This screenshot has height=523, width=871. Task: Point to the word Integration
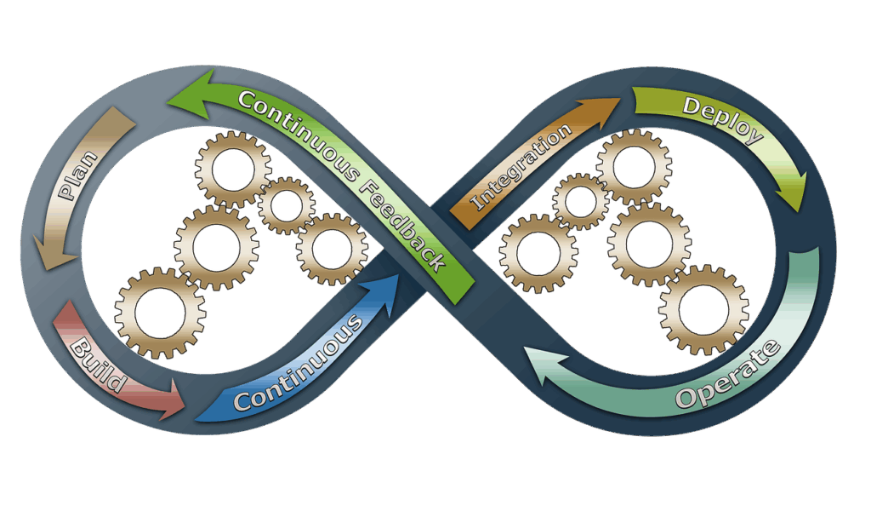point(521,168)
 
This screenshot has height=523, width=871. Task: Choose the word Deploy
point(722,119)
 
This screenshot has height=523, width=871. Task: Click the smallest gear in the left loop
point(286,205)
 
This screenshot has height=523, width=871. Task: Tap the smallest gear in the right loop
point(581,201)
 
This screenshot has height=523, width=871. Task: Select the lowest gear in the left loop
point(160,313)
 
